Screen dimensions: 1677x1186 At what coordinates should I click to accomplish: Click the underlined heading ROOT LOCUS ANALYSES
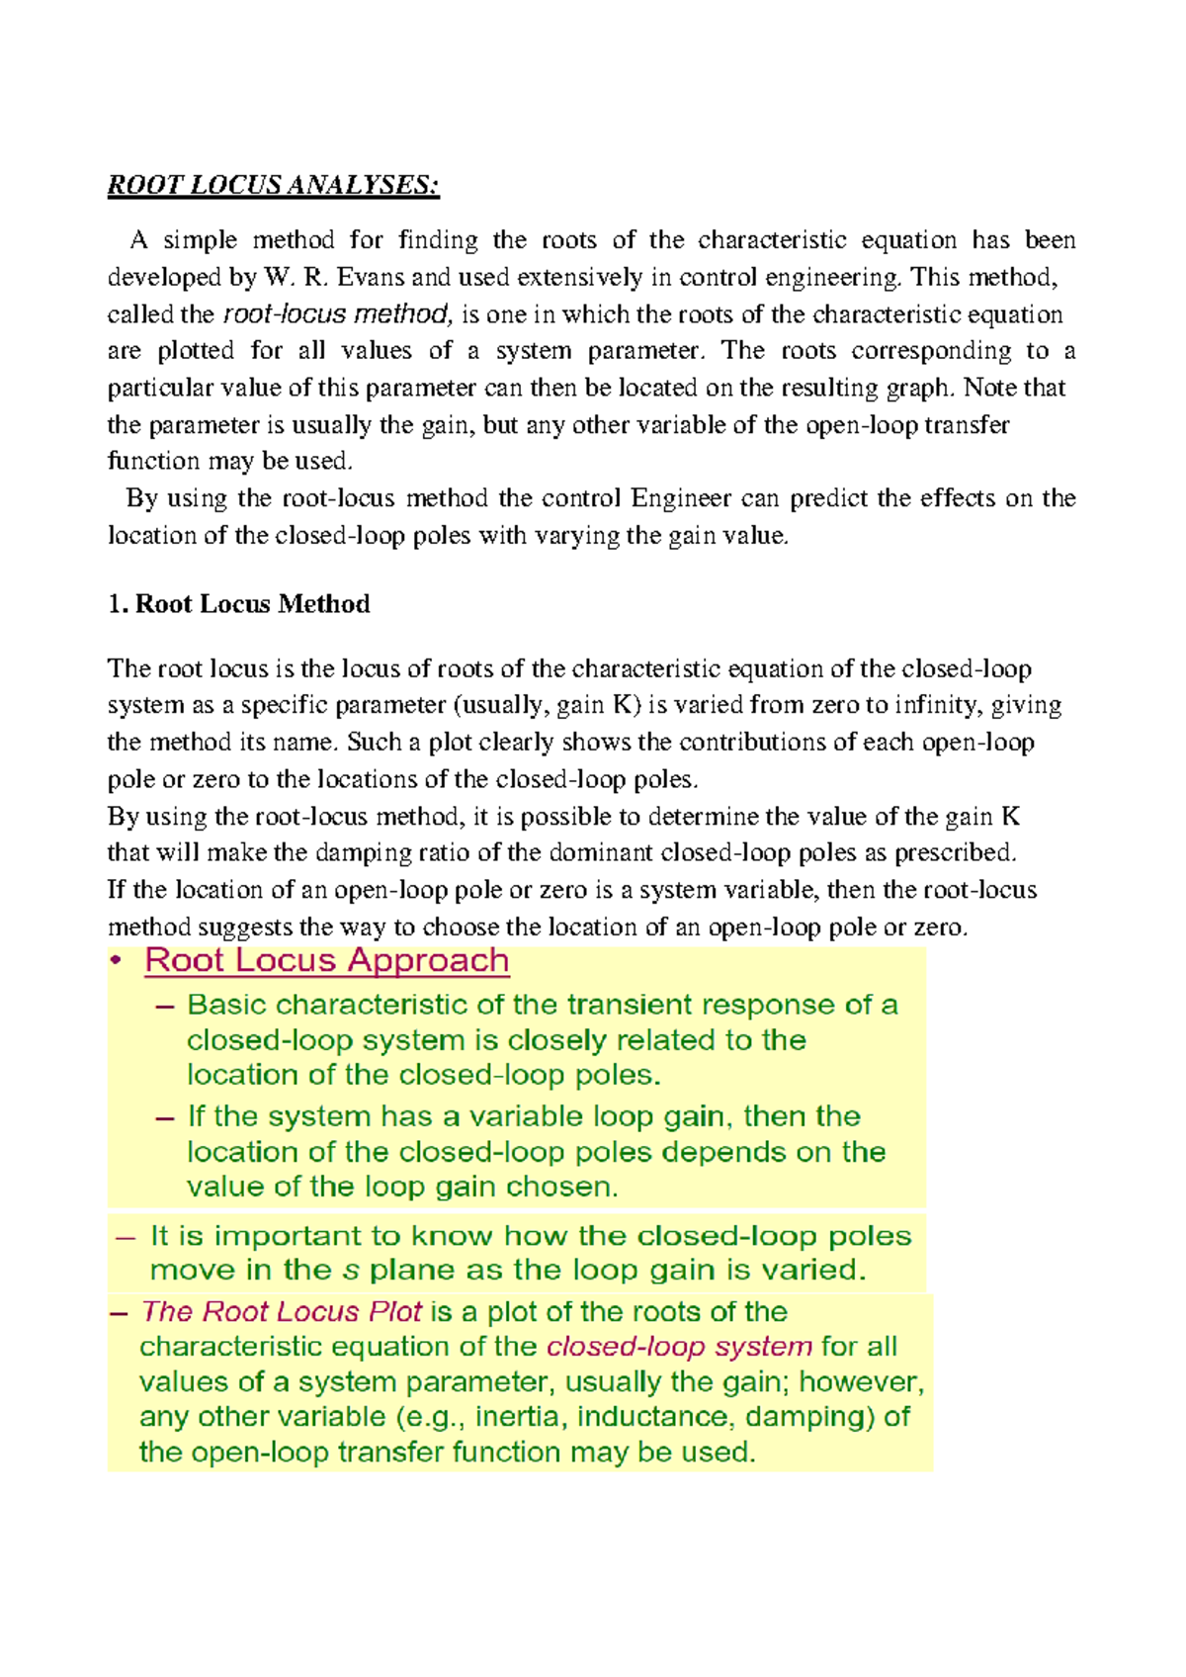click(x=273, y=185)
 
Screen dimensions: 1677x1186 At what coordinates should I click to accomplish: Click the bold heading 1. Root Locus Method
click(x=238, y=604)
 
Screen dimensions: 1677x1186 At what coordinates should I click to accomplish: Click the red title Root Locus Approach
click(x=326, y=960)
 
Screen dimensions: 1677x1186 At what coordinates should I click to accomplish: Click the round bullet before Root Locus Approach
click(x=116, y=961)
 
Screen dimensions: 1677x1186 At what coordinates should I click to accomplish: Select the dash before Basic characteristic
click(x=165, y=1006)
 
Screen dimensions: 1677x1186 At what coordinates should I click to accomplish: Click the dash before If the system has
click(x=165, y=1117)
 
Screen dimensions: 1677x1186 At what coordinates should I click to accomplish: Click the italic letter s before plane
click(x=350, y=1271)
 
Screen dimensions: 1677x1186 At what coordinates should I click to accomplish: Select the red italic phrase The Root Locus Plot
click(x=282, y=1312)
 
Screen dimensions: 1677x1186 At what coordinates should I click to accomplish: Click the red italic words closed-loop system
click(x=680, y=1347)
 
